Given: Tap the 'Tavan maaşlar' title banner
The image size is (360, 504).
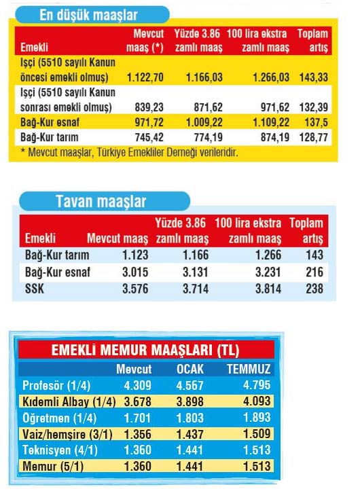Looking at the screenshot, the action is tap(102, 202).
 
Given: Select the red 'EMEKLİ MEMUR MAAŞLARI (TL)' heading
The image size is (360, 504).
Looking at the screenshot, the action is tap(145, 350).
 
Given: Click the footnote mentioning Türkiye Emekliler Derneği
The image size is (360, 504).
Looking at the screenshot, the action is tap(129, 152).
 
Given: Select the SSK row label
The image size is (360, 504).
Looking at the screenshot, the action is tap(35, 288).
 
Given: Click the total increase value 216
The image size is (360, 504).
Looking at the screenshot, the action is tap(315, 272).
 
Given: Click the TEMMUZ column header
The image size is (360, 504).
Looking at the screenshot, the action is tap(249, 370).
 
